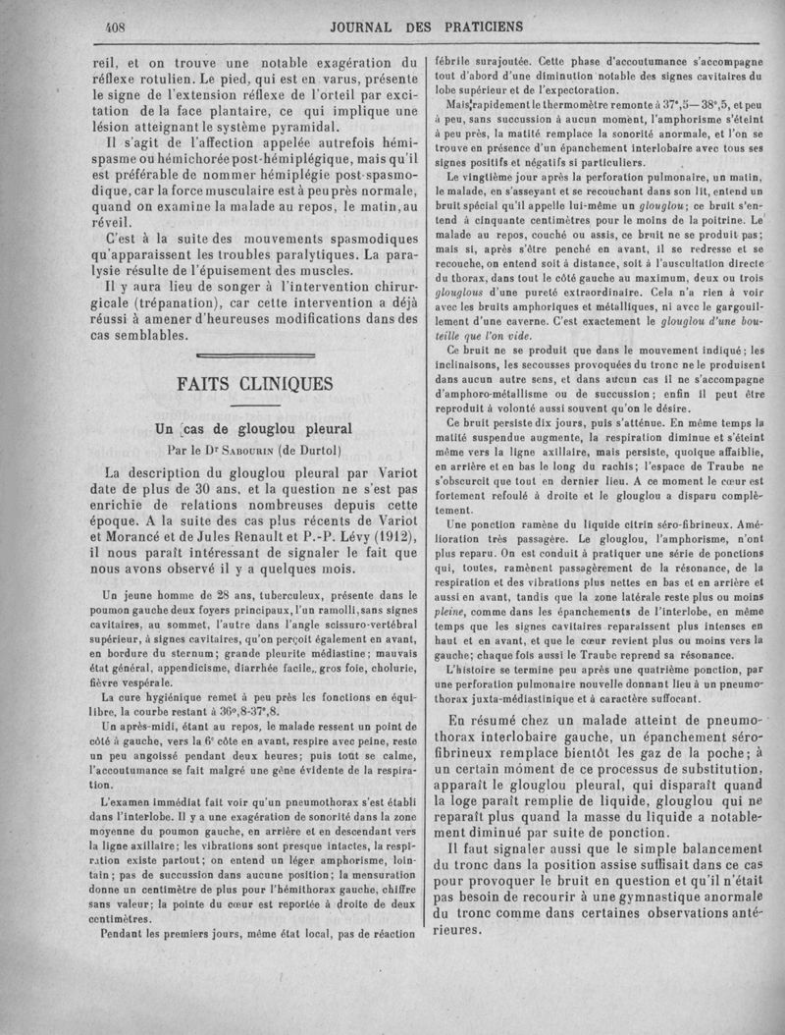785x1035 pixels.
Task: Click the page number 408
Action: [x=119, y=27]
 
